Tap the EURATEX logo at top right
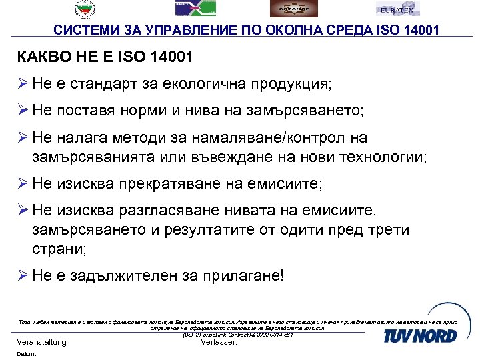[x=397, y=9]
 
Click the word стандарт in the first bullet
[x=109, y=85]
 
